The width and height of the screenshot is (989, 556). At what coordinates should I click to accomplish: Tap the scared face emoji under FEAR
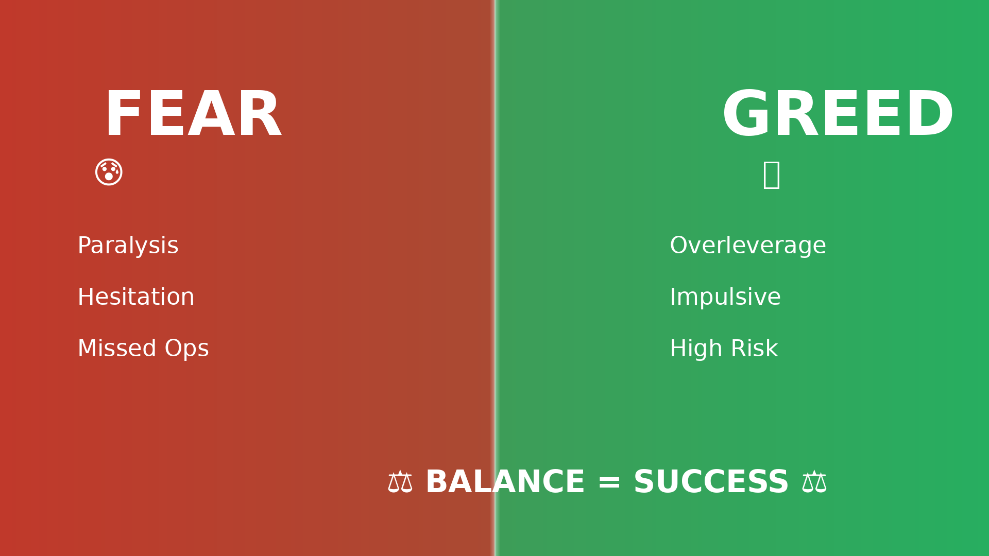(x=109, y=172)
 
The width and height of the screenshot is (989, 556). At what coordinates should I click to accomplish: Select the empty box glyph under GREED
(x=771, y=175)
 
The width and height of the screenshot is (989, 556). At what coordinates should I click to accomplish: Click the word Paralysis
(x=128, y=246)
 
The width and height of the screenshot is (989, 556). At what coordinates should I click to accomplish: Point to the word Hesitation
(x=136, y=297)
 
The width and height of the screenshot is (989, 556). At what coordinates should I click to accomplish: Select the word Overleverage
(x=748, y=247)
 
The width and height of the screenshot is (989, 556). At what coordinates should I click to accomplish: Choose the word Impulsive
(x=725, y=298)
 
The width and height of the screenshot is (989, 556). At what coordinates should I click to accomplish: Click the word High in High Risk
(x=696, y=350)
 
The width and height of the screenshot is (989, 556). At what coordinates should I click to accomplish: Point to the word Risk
(x=754, y=349)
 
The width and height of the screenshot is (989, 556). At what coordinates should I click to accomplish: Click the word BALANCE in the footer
(x=505, y=482)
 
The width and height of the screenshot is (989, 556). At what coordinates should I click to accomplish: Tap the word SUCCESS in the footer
(x=711, y=482)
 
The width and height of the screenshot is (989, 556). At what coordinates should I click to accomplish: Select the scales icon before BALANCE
(x=400, y=482)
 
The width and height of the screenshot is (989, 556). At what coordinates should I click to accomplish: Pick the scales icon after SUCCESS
(x=814, y=482)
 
